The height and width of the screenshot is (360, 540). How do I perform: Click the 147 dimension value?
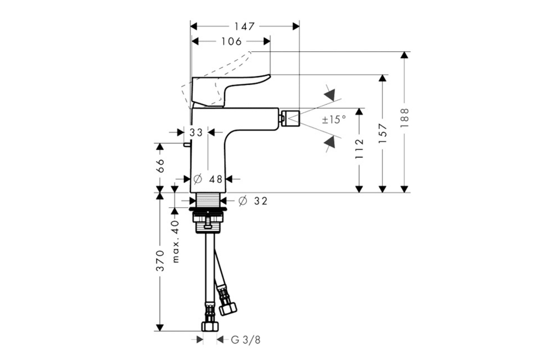pyautogui.click(x=244, y=27)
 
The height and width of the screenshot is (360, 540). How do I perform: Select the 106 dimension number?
pyautogui.click(x=231, y=41)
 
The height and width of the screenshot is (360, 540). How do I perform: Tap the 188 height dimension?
pyautogui.click(x=405, y=118)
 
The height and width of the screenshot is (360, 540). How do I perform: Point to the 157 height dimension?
pyautogui.click(x=382, y=134)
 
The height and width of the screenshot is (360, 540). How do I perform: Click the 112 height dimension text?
pyautogui.click(x=359, y=148)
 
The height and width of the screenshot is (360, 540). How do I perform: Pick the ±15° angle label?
pyautogui.click(x=334, y=120)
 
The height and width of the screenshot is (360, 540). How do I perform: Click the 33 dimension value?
pyautogui.click(x=196, y=132)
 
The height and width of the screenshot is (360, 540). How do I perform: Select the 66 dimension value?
pyautogui.click(x=160, y=166)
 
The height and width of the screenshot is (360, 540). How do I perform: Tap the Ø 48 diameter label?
pyautogui.click(x=207, y=179)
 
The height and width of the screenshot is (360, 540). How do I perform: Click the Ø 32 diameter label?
pyautogui.click(x=253, y=201)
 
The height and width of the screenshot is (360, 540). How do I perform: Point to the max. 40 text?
pyautogui.click(x=176, y=241)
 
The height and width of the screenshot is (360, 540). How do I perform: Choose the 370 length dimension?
pyautogui.click(x=160, y=261)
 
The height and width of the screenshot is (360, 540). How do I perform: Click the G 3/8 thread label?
pyautogui.click(x=246, y=340)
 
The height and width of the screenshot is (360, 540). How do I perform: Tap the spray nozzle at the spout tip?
pyautogui.click(x=291, y=119)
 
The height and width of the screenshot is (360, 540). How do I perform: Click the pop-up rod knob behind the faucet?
pyautogui.click(x=187, y=145)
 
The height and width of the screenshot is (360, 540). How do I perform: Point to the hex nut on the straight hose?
pyautogui.click(x=210, y=326)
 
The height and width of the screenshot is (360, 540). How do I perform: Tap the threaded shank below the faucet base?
pyautogui.click(x=208, y=200)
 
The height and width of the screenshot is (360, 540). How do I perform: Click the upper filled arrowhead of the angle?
pyautogui.click(x=329, y=95)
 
